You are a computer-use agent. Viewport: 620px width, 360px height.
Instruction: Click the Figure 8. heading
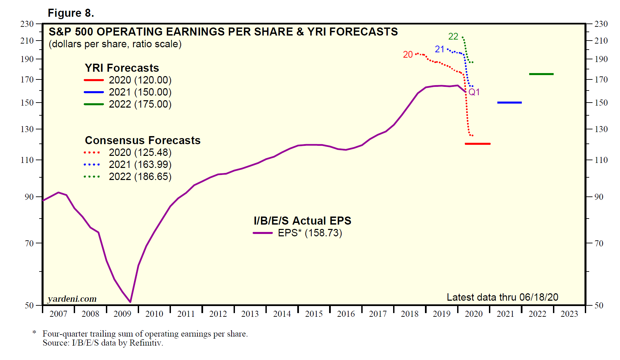(71, 13)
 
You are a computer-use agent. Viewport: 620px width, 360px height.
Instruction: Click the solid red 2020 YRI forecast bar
(478, 144)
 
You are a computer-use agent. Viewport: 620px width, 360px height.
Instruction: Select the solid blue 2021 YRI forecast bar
(509, 103)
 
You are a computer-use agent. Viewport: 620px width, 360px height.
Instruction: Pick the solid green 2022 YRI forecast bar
(541, 74)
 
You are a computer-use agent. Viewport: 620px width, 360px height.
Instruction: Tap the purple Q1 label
(474, 92)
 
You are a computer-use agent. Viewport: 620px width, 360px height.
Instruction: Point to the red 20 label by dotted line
(408, 55)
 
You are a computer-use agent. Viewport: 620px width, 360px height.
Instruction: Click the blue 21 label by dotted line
(439, 49)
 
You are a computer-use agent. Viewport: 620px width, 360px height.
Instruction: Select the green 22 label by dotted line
(453, 36)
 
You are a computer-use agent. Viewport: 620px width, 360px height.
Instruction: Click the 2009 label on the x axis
(122, 314)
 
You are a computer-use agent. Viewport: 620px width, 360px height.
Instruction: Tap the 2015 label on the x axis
(314, 314)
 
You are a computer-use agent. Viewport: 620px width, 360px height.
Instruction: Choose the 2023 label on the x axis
(569, 314)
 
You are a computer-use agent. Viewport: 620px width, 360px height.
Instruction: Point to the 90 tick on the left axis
(29, 197)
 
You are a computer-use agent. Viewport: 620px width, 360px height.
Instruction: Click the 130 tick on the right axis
(601, 129)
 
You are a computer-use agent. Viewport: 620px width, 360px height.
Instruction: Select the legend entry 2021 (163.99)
(140, 165)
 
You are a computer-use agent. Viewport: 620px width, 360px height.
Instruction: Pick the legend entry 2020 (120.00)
(140, 80)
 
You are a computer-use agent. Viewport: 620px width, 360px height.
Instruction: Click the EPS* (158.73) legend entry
(310, 233)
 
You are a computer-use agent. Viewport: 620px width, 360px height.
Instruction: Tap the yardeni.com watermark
(72, 299)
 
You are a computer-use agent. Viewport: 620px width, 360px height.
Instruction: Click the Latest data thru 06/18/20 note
(502, 297)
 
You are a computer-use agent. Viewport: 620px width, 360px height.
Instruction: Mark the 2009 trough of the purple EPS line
(130, 302)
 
